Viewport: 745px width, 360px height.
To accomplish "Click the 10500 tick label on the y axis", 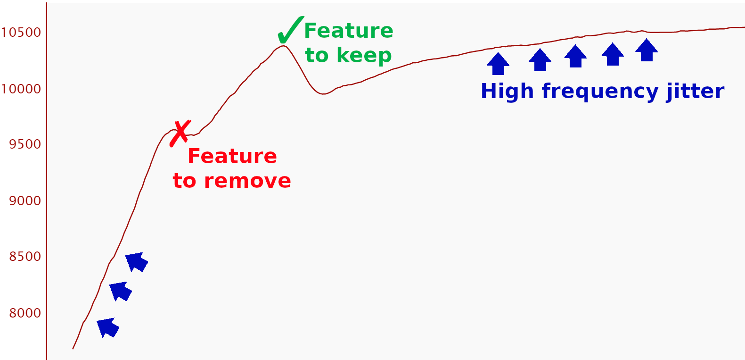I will (x=21, y=33).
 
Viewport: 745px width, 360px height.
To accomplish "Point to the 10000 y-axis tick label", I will (x=21, y=89).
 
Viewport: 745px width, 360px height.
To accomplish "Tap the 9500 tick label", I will (x=25, y=144).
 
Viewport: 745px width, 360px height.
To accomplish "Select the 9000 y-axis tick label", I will (x=25, y=201).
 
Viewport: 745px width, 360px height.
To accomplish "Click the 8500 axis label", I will (x=25, y=257).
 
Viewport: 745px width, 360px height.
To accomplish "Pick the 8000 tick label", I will (x=25, y=313).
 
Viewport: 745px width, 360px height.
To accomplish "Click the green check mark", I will (x=290, y=30).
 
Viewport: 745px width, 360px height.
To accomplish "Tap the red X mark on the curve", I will (x=180, y=133).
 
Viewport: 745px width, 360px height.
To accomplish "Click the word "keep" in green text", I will (x=364, y=55).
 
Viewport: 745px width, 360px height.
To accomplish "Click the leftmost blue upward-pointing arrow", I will (x=498, y=64).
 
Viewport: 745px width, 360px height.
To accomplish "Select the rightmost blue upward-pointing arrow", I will (x=647, y=50).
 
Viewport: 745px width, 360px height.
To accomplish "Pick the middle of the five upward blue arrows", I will (x=575, y=56).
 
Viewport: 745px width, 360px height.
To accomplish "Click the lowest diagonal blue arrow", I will (x=108, y=327).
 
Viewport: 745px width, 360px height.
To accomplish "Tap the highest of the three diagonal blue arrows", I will (x=137, y=262).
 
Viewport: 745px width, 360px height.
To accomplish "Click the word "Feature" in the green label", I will (x=349, y=31).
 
